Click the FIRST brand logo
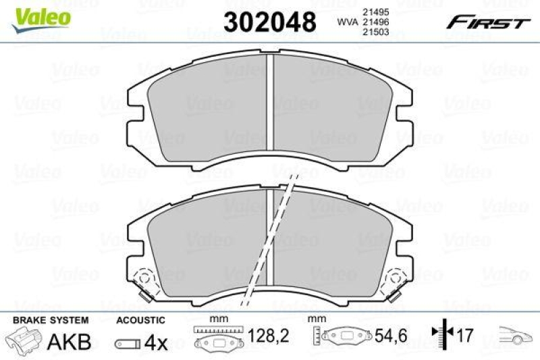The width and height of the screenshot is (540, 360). point(487,22)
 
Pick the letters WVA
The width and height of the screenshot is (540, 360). point(347,22)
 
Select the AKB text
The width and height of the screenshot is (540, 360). point(68,342)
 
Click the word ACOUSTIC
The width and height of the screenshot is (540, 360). point(140,319)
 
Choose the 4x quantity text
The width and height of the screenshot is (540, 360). point(157,342)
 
